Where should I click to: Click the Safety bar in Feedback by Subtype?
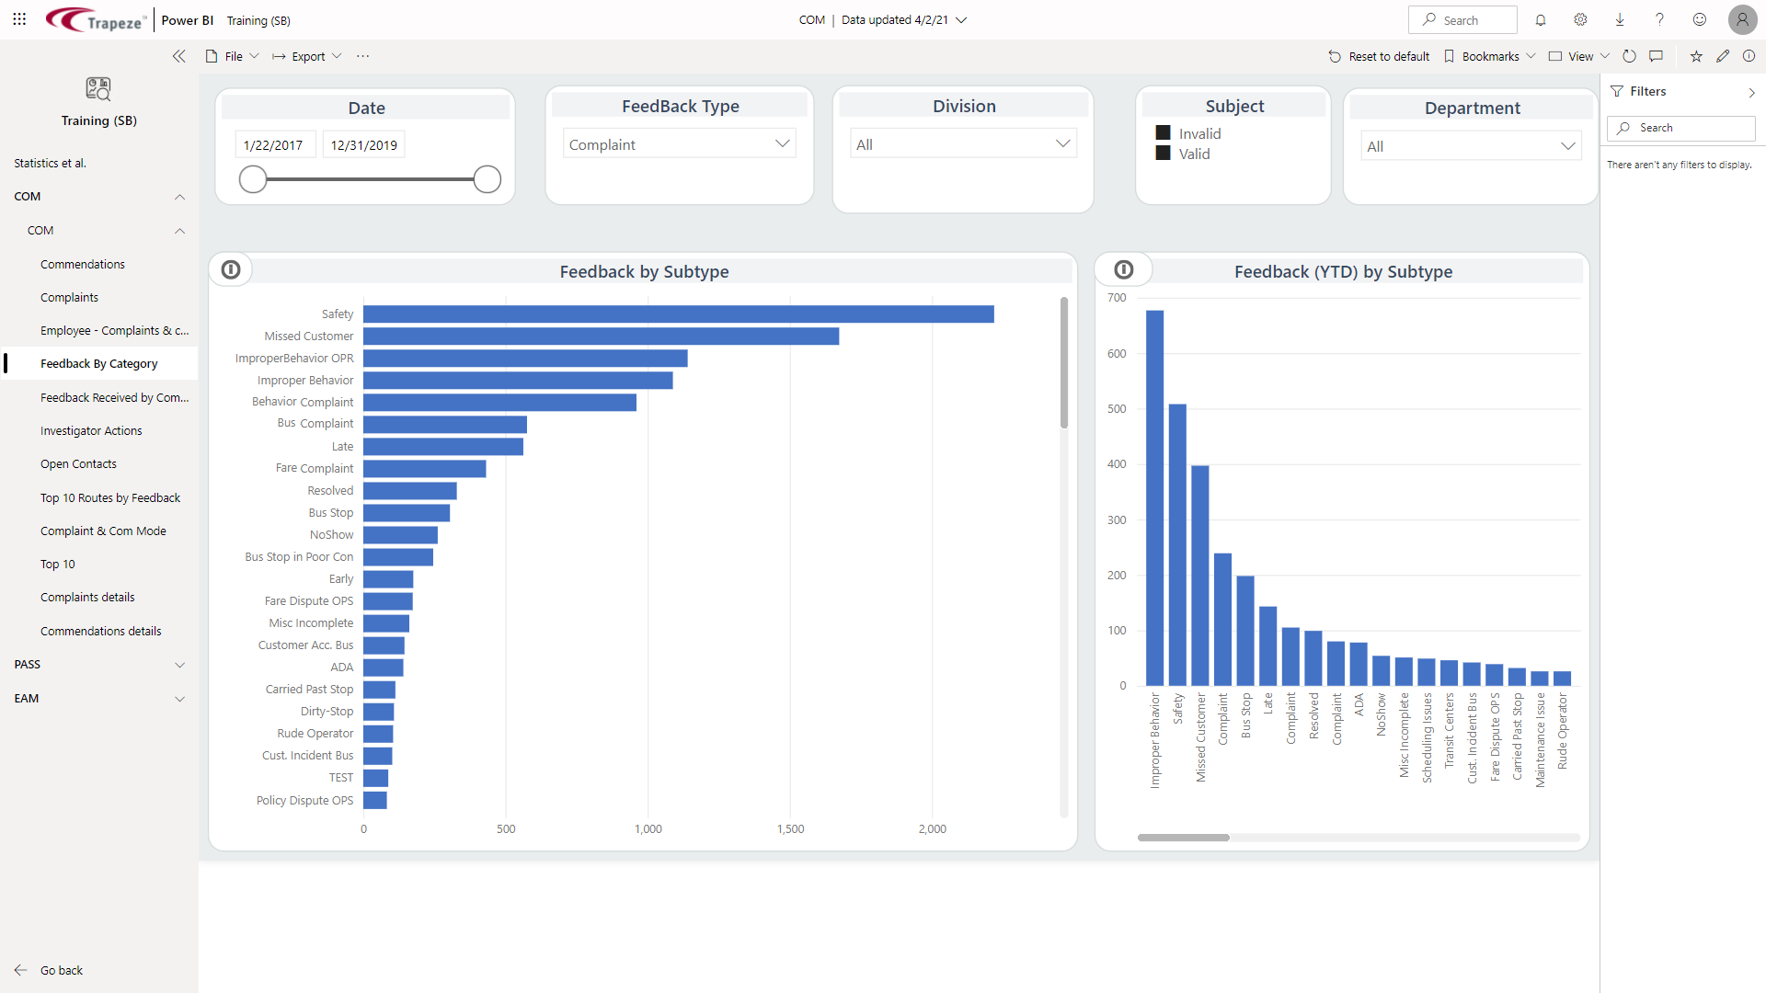click(678, 314)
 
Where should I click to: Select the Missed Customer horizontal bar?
click(601, 337)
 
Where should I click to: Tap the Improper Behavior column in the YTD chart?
click(1154, 497)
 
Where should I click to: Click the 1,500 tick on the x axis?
click(790, 829)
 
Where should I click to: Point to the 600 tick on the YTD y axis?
click(1117, 354)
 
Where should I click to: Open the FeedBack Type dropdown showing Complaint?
click(679, 144)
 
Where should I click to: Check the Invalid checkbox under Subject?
click(1164, 133)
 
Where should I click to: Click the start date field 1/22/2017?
click(274, 145)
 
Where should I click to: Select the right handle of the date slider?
click(487, 179)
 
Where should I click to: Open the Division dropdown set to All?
click(962, 144)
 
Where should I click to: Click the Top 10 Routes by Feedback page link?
click(110, 498)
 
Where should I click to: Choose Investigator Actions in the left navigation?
click(91, 431)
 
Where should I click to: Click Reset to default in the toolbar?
click(1379, 57)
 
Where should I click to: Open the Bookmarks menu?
click(1490, 57)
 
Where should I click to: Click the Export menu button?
click(307, 57)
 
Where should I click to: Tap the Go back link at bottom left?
click(61, 971)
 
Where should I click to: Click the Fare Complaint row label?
click(314, 469)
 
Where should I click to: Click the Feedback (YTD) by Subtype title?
click(1343, 272)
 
